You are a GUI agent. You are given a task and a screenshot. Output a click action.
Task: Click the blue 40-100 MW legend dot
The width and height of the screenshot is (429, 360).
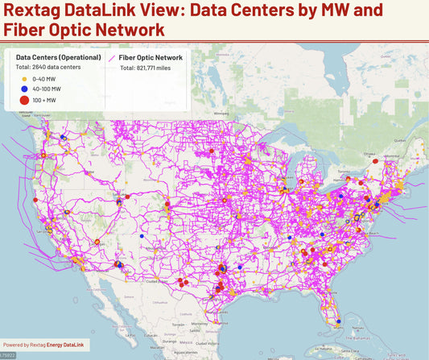coord(24,89)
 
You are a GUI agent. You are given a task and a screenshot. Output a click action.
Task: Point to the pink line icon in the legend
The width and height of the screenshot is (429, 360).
coord(112,58)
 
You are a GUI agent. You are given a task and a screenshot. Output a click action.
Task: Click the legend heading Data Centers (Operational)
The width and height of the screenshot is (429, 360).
coord(57,58)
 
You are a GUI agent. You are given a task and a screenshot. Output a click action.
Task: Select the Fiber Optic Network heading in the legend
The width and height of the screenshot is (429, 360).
coord(151,58)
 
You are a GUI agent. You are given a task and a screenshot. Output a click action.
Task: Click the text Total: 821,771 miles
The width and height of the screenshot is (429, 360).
coord(151,68)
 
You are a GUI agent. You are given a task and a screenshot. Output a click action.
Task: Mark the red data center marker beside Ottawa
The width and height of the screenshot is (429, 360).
coord(375,159)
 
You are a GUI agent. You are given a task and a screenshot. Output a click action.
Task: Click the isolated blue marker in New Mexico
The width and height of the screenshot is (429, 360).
coord(140,238)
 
